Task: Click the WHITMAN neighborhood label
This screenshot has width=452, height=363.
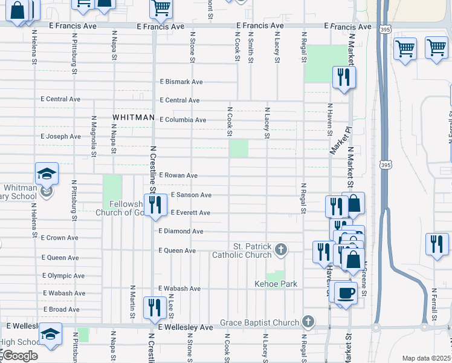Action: point(132,117)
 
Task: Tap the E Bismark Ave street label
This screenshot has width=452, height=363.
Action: point(181,82)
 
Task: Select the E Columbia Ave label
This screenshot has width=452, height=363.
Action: point(182,120)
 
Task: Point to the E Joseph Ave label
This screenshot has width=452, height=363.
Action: point(60,137)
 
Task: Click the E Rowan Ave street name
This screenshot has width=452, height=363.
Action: point(178,175)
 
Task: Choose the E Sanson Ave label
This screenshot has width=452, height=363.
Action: point(191,195)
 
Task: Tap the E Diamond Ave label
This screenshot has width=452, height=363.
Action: point(181,231)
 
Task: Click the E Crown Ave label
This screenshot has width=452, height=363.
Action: point(60,238)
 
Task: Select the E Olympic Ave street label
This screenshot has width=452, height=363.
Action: point(63,275)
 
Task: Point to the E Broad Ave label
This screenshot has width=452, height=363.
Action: point(61,309)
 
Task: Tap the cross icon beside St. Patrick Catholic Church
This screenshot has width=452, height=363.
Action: point(280,249)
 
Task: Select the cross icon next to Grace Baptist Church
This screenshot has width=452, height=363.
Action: point(308,322)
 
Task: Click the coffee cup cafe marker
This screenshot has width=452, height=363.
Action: point(346,293)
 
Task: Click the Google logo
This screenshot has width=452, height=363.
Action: point(19,356)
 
